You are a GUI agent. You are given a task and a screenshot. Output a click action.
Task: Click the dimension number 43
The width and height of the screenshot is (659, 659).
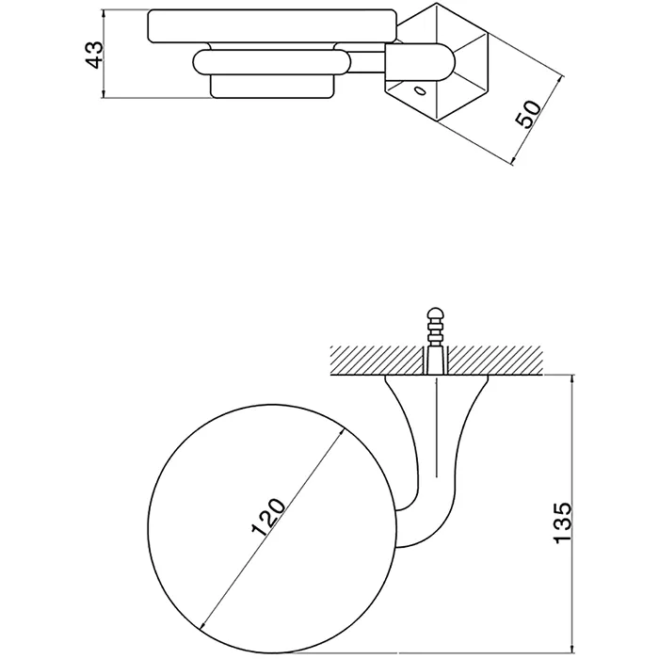point(94,55)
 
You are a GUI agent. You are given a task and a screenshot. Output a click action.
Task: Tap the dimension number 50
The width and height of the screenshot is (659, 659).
point(529,114)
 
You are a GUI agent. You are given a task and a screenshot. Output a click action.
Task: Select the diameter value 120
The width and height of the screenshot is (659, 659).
point(268,518)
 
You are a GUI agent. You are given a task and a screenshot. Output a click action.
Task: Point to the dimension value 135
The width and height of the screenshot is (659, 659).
point(563,522)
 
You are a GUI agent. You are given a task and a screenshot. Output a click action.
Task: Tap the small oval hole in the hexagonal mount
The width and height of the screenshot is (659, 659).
point(420,90)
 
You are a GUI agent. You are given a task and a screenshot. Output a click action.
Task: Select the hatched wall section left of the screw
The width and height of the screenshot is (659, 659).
point(377,361)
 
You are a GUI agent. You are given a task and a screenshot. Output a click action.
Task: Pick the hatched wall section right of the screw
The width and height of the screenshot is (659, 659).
point(495,361)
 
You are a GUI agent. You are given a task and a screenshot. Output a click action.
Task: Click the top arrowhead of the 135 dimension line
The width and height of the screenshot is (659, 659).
point(572,380)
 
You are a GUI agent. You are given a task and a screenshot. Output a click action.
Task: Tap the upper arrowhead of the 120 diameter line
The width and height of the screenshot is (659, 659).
point(341,432)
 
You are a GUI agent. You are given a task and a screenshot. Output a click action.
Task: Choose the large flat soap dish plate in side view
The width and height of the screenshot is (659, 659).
point(272,26)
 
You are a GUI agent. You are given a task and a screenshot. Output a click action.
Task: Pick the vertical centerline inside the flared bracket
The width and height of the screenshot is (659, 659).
point(437,427)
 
